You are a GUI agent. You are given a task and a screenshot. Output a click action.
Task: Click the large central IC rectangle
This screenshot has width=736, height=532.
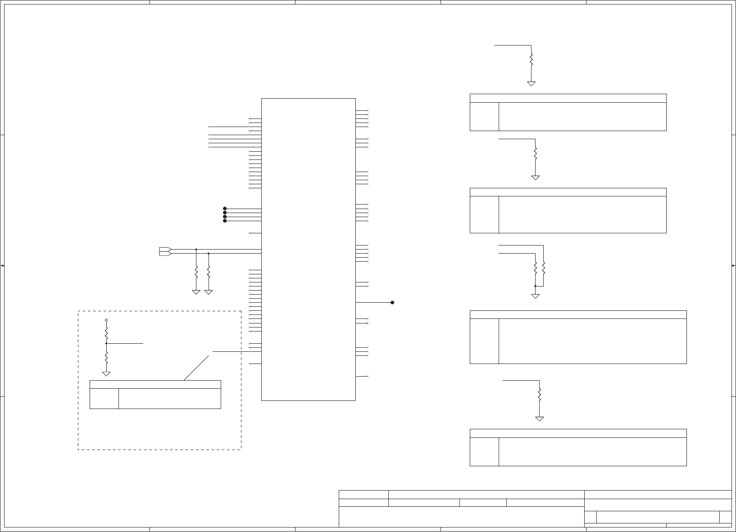pos(308,249)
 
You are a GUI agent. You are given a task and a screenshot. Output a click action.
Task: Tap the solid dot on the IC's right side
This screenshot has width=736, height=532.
pos(392,302)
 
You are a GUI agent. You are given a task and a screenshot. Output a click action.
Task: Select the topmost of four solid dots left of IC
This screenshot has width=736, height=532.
pos(225,209)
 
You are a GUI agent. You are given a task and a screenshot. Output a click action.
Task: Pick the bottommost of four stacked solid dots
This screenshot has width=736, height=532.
pos(225,221)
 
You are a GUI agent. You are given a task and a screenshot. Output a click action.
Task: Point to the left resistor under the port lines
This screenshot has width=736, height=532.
pos(196,272)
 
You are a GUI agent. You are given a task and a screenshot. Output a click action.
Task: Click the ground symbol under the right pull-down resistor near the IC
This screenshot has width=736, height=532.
pos(208,292)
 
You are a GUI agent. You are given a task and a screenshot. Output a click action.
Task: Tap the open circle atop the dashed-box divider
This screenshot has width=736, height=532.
pos(106,320)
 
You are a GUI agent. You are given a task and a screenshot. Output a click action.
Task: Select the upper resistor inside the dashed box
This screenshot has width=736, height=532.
pos(106,334)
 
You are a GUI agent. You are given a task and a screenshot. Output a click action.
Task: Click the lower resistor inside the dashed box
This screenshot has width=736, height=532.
pos(106,358)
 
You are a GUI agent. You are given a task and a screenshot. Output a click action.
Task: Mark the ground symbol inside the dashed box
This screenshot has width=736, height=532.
pos(106,373)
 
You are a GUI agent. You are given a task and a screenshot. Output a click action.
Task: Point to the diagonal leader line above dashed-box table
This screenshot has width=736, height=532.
pos(196,368)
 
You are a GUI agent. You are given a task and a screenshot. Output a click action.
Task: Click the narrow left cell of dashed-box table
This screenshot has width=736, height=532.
pos(104,399)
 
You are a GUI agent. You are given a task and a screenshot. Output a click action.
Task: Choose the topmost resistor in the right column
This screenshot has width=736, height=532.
pos(532,59)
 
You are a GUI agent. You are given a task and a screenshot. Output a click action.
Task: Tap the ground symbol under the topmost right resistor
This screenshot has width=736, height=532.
pos(532,83)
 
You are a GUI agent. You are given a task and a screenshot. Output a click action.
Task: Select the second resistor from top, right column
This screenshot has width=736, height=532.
pos(536,153)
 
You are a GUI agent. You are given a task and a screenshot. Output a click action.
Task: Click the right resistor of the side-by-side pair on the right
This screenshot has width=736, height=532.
pos(544,268)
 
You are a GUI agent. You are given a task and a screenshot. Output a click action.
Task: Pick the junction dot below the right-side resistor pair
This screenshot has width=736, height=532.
pos(536,286)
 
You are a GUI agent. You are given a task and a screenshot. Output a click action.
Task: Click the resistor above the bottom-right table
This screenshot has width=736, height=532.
pos(540,394)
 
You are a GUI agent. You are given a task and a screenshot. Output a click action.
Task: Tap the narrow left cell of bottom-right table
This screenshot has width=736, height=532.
pos(484,451)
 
